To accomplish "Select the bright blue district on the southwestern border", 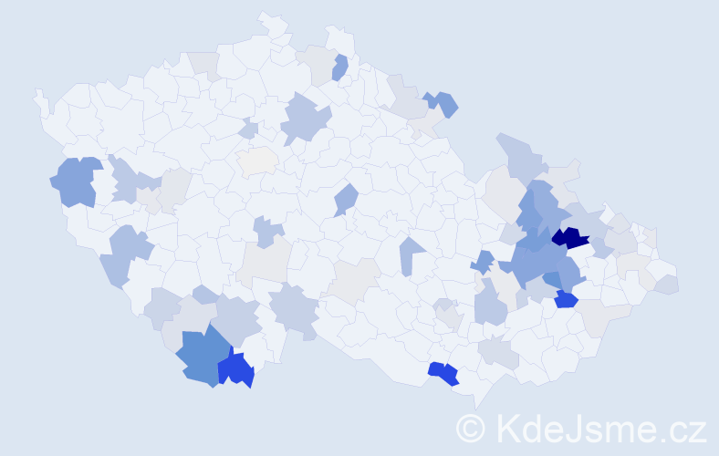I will (235, 369).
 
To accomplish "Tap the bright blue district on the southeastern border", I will (443, 372).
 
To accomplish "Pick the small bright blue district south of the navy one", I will (566, 299).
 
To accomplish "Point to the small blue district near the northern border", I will (340, 67).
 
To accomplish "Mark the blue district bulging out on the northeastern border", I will (443, 103).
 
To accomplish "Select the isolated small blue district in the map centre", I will (345, 198).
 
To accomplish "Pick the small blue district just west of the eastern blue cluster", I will (484, 262).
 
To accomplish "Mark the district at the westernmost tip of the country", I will (40, 99).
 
